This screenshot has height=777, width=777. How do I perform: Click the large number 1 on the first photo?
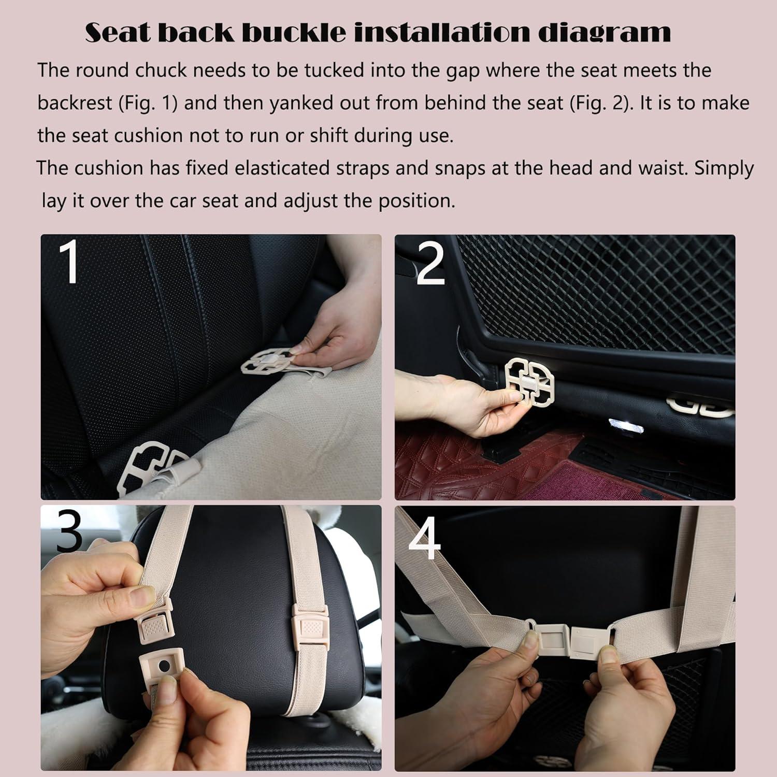(x=69, y=263)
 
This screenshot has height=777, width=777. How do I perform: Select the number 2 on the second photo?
(x=430, y=265)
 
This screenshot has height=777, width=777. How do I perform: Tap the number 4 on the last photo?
(x=425, y=538)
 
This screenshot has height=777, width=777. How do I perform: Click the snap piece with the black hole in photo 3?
(x=163, y=666)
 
